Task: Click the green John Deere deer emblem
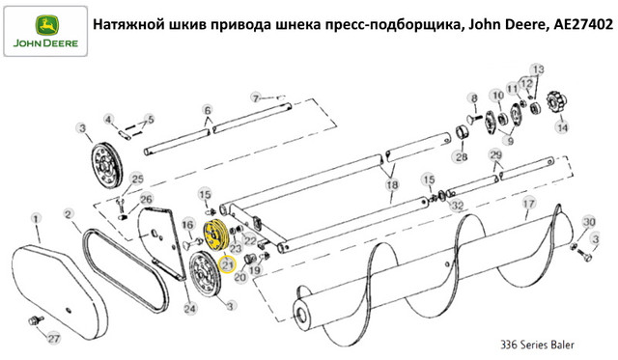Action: [x=47, y=26]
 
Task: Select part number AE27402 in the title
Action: [x=583, y=25]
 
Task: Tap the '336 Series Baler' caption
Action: [x=537, y=345]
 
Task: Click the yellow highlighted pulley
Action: [x=214, y=236]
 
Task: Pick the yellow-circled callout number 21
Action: [x=227, y=263]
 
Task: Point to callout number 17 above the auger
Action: [x=528, y=204]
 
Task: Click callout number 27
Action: [x=54, y=338]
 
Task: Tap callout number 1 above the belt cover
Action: [x=36, y=218]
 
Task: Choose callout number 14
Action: [x=562, y=127]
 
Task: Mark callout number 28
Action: [x=462, y=156]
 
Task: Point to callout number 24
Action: [x=189, y=308]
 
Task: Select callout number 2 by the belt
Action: [x=69, y=214]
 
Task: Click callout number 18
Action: [x=392, y=184]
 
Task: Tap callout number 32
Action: [x=457, y=206]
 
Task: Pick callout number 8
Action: [x=474, y=98]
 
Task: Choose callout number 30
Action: [x=589, y=222]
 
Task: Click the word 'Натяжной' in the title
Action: [x=123, y=25]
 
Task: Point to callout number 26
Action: [x=146, y=199]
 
